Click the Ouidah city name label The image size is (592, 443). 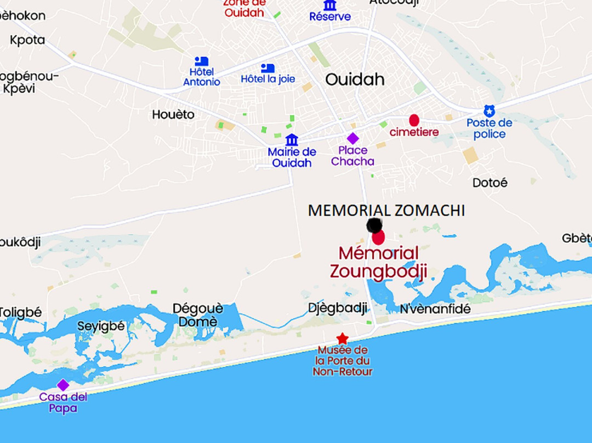click(x=355, y=79)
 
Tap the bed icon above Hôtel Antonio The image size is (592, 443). click(x=201, y=61)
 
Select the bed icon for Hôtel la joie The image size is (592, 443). click(x=267, y=68)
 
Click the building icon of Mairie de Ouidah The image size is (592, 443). click(x=292, y=140)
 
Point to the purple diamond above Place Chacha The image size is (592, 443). click(x=352, y=138)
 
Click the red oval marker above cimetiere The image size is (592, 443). click(x=414, y=120)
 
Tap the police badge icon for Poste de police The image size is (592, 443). click(x=489, y=111)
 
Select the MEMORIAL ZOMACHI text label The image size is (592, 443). click(x=386, y=211)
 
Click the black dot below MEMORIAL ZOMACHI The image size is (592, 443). click(x=374, y=225)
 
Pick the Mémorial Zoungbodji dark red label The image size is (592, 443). click(x=378, y=262)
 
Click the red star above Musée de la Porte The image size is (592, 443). click(x=342, y=338)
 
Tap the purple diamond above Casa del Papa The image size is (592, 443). click(x=63, y=385)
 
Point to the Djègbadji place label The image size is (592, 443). click(x=338, y=308)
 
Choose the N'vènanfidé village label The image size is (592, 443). click(x=435, y=309)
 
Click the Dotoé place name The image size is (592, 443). click(x=490, y=183)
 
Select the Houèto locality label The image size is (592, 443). click(x=173, y=115)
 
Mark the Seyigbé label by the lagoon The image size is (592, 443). click(x=101, y=326)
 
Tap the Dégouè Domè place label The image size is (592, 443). click(x=198, y=315)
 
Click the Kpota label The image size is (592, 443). click(x=27, y=40)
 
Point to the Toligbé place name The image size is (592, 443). click(x=21, y=312)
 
